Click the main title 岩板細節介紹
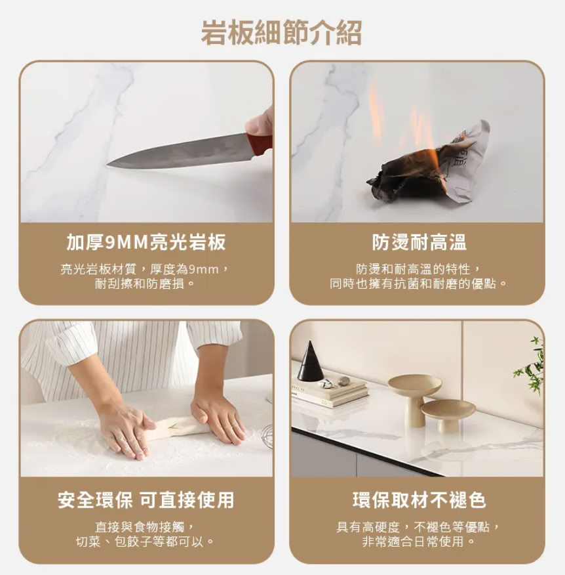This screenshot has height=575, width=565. pos(281,33)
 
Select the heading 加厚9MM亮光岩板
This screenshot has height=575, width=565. pos(146,242)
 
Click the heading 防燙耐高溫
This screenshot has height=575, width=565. pos(419,242)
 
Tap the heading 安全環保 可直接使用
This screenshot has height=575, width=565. pos(146,500)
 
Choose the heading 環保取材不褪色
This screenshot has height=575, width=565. pos(419,500)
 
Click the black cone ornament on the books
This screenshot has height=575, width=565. pos(310,361)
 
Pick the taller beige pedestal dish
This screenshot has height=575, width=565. pos(414,398)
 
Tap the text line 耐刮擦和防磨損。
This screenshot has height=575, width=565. pos(146,284)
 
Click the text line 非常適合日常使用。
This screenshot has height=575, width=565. pos(419,542)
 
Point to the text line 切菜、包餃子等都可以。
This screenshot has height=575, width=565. pos(146,542)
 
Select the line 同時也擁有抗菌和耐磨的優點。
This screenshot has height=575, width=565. pos(419,284)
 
